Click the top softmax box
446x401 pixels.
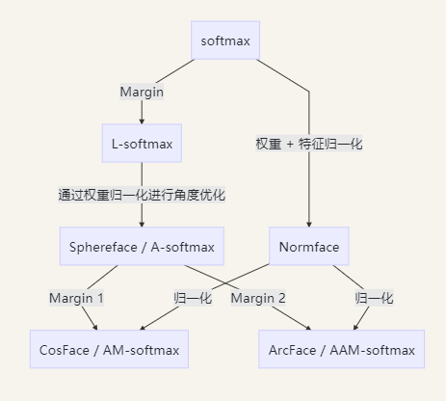pos(225,41)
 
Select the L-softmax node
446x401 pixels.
pos(142,145)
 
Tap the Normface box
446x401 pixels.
pos(309,248)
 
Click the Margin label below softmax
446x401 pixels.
pos(142,93)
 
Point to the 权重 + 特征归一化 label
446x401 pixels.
pos(309,144)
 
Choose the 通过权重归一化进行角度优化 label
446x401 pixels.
pos(142,196)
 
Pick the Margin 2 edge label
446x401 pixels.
pos(258,299)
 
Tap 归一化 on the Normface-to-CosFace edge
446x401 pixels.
pos(193,299)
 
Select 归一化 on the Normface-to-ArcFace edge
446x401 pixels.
pos(374,299)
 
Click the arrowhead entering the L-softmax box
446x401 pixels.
pos(142,121)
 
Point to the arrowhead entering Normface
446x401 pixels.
pos(309,225)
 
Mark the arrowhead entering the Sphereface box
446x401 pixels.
pos(142,225)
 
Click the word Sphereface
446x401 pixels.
pos(102,248)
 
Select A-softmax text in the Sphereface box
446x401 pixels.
pos(181,248)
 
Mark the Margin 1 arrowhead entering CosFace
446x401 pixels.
pos(94,327)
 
